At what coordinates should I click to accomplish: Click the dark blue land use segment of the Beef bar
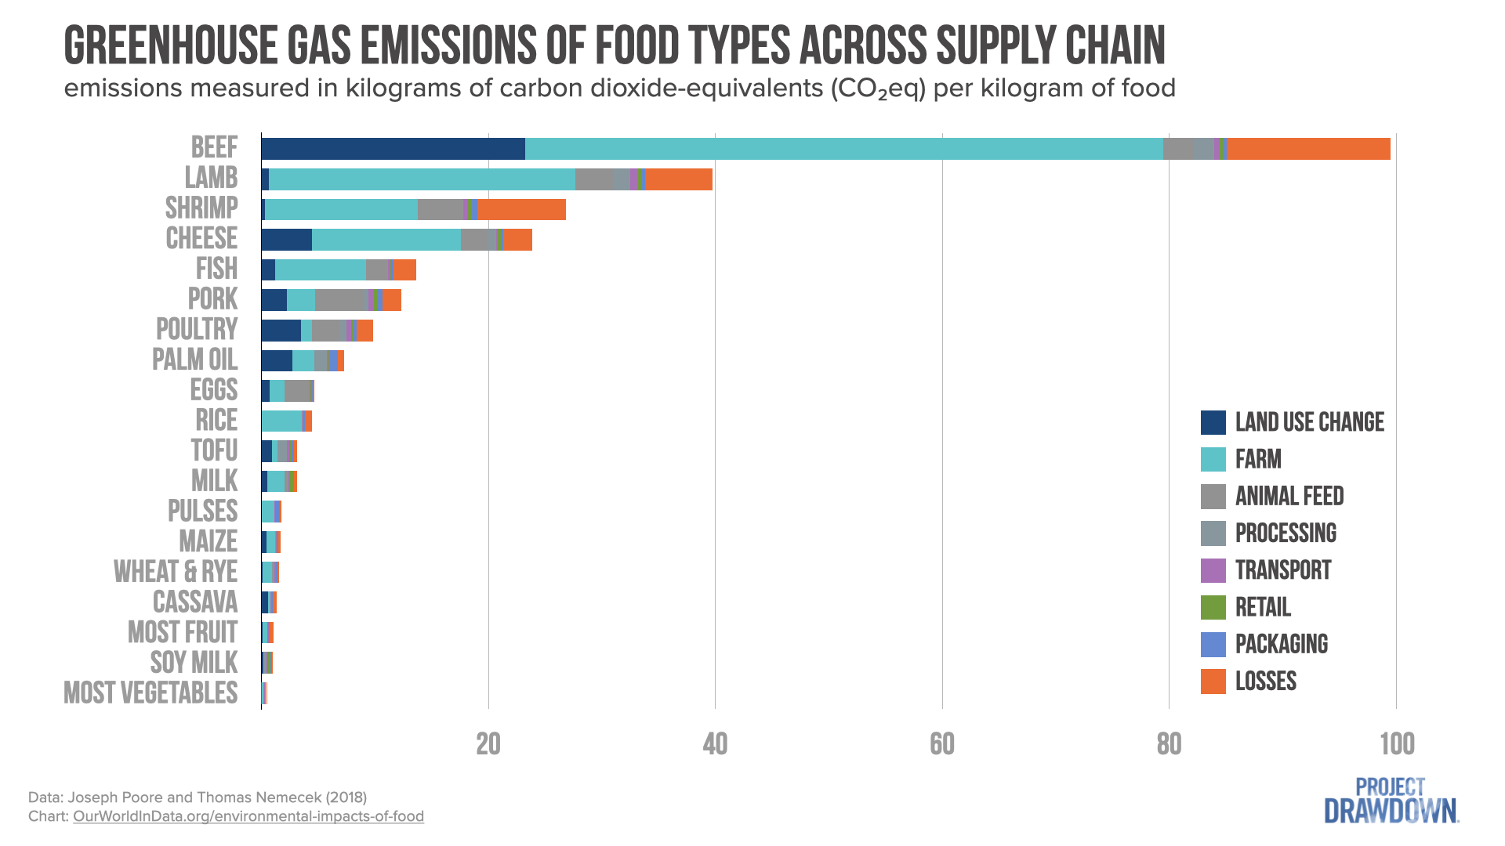392,149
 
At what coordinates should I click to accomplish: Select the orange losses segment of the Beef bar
1307,149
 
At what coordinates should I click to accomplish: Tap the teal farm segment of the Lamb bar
422,179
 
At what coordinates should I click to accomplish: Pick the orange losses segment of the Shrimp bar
521,210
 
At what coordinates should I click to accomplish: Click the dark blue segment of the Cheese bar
286,240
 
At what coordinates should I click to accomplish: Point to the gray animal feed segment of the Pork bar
341,300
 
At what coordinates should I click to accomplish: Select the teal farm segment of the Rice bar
281,421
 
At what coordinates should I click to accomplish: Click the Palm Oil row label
194,360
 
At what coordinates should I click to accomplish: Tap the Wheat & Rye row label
176,572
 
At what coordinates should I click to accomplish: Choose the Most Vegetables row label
150,693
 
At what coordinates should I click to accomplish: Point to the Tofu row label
214,450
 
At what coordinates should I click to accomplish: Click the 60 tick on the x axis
941,744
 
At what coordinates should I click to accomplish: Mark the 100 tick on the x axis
1396,744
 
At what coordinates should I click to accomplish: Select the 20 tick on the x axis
488,744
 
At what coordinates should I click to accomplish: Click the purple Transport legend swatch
1213,570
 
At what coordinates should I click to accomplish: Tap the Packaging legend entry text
1281,644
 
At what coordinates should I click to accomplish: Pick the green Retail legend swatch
1213,607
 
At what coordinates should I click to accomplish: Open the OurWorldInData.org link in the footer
248,816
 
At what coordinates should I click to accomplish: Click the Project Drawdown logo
1391,801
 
